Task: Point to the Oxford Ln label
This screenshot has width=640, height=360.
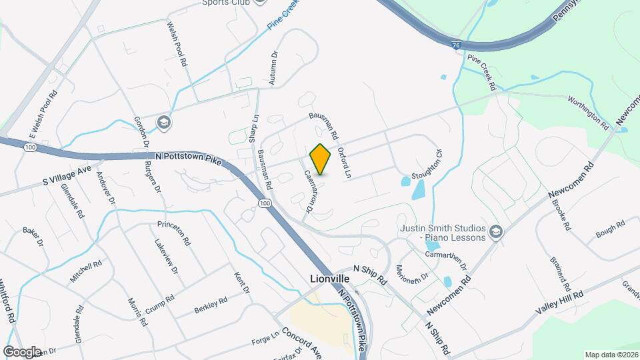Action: tap(344, 163)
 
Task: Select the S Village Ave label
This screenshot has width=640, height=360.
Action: tap(67, 175)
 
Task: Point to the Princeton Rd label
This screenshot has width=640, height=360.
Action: tap(175, 233)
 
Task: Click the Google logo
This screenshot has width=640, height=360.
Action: tap(22, 351)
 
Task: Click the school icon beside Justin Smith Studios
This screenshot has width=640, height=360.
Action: tap(495, 231)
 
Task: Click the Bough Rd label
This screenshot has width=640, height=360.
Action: tap(609, 229)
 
